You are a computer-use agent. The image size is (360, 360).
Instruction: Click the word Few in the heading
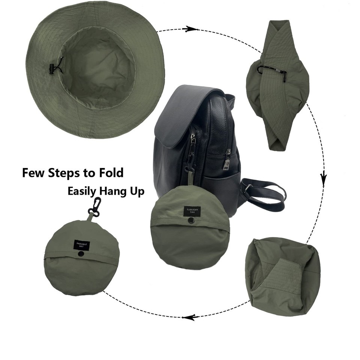(x=34, y=173)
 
